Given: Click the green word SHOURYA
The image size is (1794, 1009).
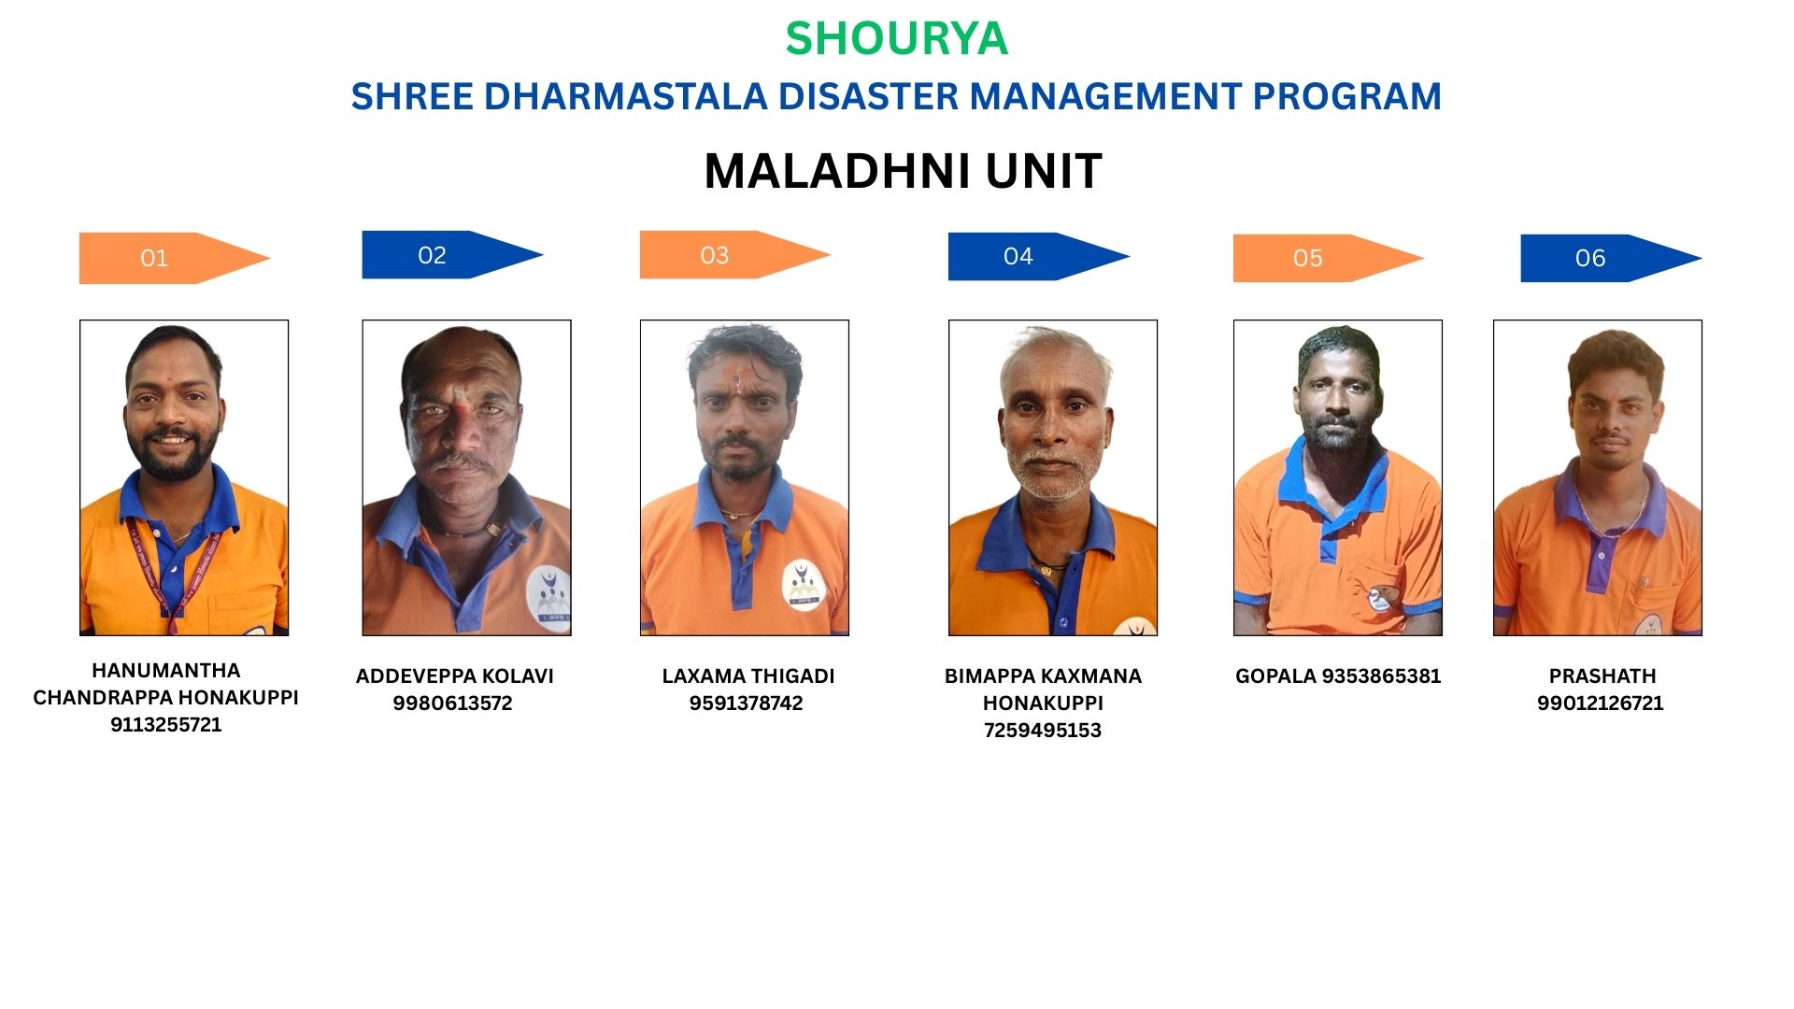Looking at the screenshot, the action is (896, 38).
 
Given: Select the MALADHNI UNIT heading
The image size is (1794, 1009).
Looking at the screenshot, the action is (903, 171).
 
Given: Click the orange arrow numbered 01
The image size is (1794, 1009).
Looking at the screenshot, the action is (175, 258).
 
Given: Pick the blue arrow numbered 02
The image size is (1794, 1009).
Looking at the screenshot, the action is (452, 254).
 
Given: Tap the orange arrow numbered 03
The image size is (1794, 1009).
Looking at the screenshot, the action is (734, 254).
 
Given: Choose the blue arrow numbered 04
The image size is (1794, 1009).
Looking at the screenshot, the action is (1039, 256).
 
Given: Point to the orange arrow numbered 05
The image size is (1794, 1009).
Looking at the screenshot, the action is (1328, 258).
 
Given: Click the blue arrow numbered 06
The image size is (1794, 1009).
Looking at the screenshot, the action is (1611, 258).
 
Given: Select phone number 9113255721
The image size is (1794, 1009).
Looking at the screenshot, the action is (166, 725).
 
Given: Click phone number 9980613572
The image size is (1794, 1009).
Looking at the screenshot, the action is (452, 703).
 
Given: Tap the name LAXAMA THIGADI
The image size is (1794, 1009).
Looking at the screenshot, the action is (748, 676).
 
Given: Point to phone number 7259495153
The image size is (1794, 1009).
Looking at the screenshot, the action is (1043, 731).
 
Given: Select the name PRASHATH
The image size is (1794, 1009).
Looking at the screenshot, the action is (1602, 676).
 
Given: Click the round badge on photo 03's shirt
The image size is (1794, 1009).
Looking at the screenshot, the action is (803, 586).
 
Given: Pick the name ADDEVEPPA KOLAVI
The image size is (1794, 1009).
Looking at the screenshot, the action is (455, 676).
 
